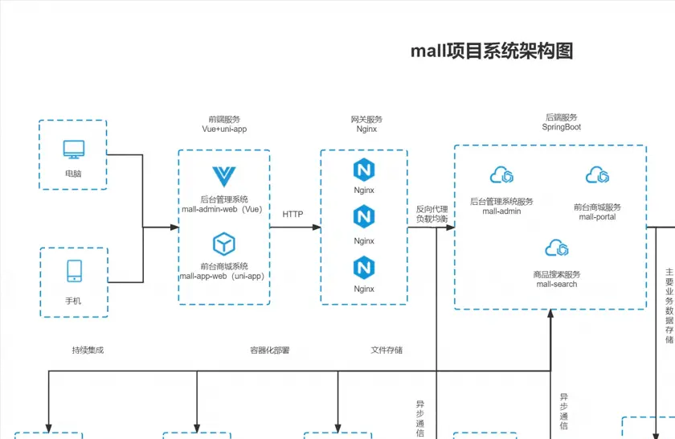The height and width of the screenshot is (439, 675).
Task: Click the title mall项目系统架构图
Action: coord(492,51)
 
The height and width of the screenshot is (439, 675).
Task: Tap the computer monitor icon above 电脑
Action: coord(73,150)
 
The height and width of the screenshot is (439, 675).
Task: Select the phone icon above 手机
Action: coord(74,271)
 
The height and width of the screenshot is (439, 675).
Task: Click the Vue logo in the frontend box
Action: coord(223,176)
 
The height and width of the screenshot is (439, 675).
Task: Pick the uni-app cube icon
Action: coord(223,243)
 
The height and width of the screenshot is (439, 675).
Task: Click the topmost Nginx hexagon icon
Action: coord(364,170)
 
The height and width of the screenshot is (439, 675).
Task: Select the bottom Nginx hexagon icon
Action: coord(364,268)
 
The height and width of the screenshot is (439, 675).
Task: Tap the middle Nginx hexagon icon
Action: coord(364,216)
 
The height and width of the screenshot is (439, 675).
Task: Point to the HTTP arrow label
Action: coord(293,215)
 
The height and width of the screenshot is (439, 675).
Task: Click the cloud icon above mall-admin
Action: coord(501,174)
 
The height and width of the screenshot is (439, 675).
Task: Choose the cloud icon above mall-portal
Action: coord(597,174)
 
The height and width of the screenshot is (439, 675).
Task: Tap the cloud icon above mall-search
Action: coord(557,248)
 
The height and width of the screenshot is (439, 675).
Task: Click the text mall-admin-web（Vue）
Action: coord(223,209)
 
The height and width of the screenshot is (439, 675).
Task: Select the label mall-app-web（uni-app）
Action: coord(223,276)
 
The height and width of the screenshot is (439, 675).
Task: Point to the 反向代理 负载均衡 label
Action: coord(432,214)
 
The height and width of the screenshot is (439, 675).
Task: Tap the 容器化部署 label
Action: coord(270,351)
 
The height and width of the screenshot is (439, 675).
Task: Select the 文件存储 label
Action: coord(387,351)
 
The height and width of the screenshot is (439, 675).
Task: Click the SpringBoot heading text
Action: coord(562,127)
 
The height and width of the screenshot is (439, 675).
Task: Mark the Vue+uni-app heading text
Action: coord(224,129)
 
